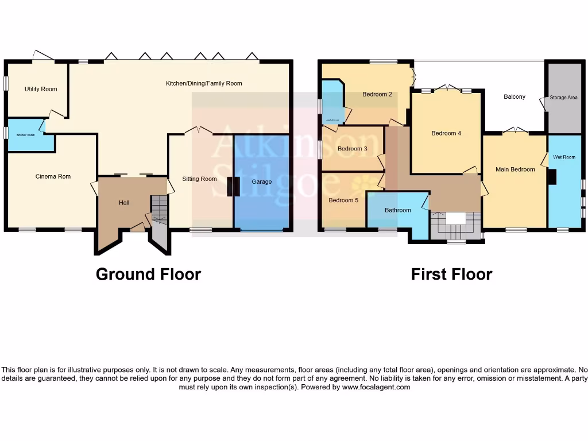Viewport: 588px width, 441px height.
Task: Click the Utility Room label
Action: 41,89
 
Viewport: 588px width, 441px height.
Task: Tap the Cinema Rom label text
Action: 52,176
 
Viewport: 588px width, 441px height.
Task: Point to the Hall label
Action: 124,203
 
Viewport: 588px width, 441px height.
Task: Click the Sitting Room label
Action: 199,179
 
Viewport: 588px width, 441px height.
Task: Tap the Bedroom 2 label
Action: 377,94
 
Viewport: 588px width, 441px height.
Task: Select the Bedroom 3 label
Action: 352,149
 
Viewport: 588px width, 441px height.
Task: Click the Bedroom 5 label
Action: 343,200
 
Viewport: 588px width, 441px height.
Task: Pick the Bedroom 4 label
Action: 446,133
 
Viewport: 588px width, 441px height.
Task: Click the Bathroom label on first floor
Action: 397,210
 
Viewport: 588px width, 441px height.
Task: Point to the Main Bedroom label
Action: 515,169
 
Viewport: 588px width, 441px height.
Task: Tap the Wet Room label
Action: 564,157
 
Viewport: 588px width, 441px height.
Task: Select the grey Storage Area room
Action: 563,98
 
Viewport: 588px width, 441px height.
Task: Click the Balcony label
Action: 514,96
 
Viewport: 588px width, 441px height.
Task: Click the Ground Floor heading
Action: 148,274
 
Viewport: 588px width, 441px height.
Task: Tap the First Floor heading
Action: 451,274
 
